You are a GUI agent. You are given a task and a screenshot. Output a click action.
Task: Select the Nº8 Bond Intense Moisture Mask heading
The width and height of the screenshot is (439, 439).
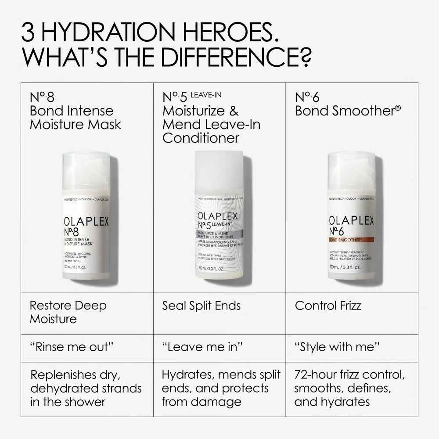pos(75,111)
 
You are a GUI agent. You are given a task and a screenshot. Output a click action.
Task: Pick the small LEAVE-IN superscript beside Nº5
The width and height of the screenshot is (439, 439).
pos(206,94)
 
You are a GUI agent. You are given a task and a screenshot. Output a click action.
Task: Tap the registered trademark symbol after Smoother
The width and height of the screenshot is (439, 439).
pos(398,107)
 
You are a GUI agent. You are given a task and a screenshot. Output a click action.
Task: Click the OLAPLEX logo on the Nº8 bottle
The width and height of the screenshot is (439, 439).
pos(86,222)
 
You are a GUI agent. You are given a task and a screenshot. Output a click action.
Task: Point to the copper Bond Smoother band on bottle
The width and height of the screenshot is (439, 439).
pos(351,239)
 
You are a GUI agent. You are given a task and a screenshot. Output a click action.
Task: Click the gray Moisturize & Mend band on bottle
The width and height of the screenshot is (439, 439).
pos(219,235)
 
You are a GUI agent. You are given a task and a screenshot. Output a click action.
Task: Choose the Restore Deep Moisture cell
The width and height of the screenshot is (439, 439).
pos(68,312)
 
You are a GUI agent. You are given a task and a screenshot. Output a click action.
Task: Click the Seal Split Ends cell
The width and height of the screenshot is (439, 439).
pos(202,306)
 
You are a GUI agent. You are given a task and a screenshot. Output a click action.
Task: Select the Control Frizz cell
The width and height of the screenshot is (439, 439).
pos(328,306)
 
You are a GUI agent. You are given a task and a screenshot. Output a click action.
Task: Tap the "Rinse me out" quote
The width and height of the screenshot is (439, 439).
pos(72,347)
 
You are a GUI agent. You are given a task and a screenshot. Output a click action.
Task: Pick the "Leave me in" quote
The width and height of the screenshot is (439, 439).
pos(202,347)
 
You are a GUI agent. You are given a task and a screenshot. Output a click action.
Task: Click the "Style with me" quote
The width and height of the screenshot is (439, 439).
pos(337,347)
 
